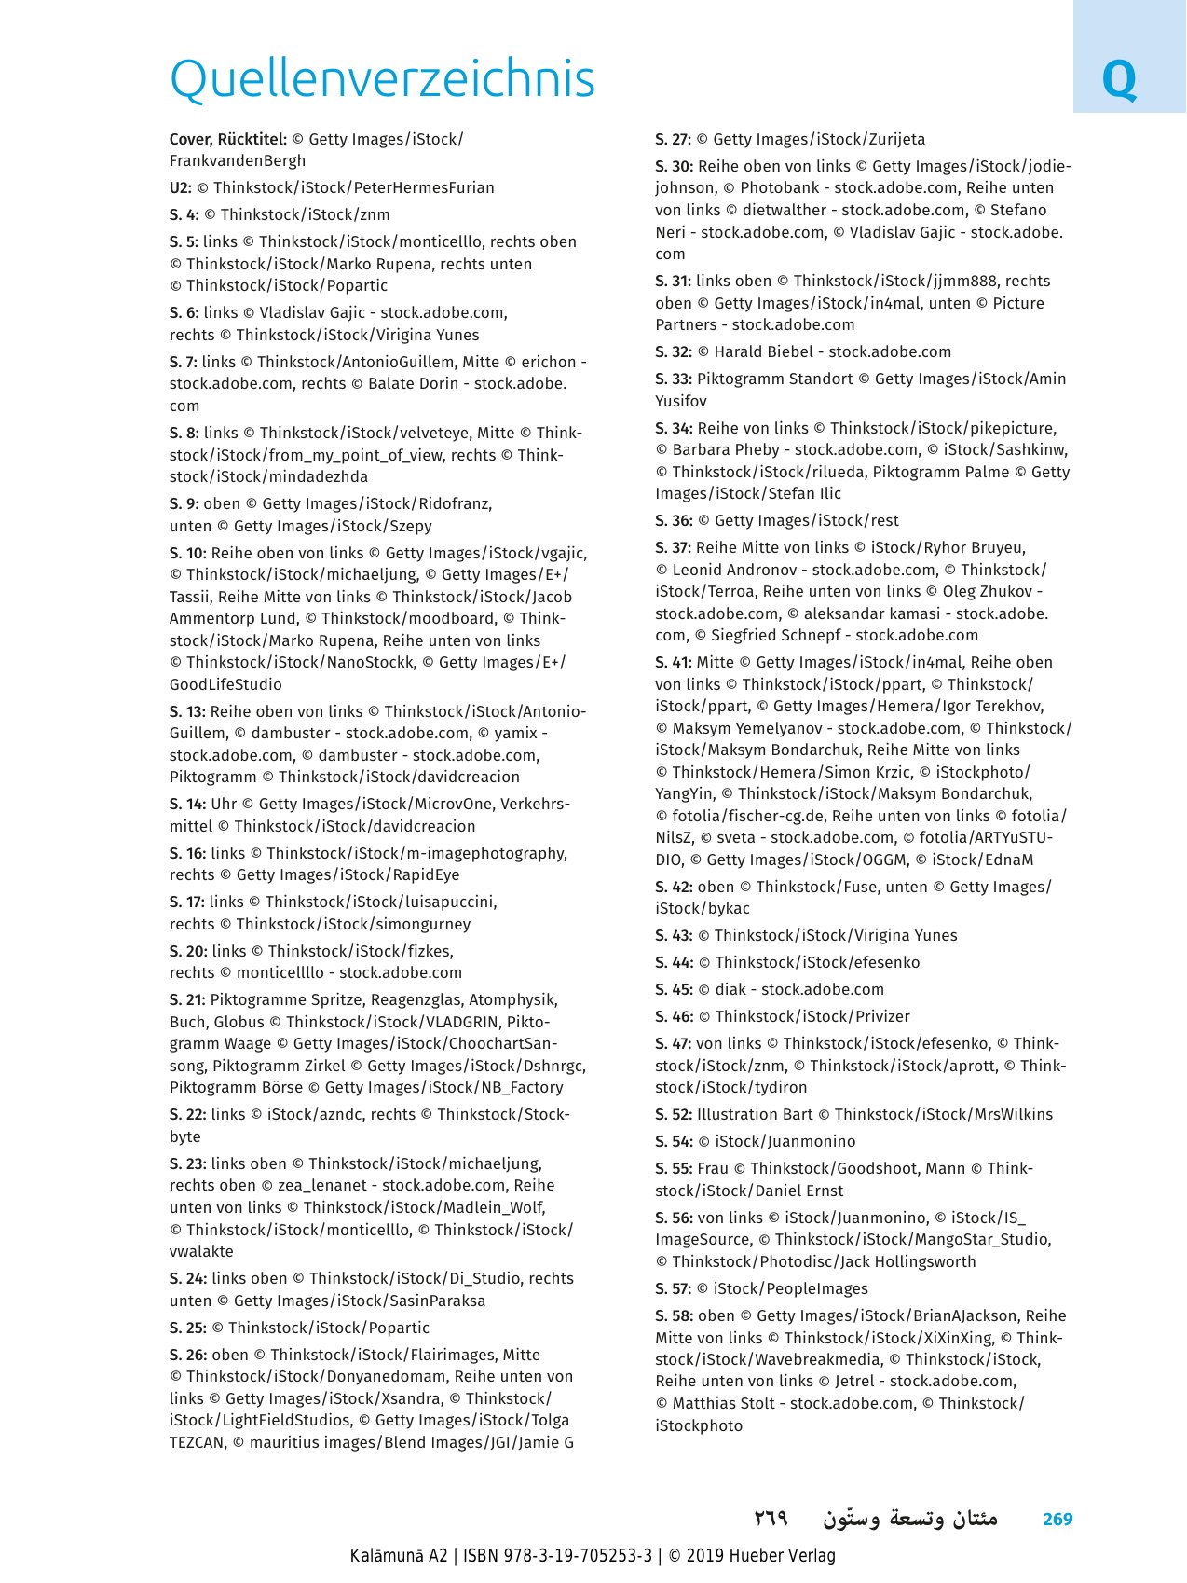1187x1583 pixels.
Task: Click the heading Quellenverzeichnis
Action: (x=382, y=79)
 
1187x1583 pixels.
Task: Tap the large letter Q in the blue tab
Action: (x=1119, y=81)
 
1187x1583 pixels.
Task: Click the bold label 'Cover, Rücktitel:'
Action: (x=227, y=140)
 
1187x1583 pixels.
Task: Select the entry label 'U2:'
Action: (x=181, y=188)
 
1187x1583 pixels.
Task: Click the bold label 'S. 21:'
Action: (x=187, y=1000)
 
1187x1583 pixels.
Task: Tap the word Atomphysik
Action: (x=513, y=1000)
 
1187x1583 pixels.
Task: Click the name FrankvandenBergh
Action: (x=238, y=161)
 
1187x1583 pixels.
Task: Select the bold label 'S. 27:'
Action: (x=673, y=140)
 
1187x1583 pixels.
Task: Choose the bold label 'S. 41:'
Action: (x=673, y=663)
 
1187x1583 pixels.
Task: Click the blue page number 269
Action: (x=1057, y=1520)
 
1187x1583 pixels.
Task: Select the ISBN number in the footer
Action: (x=578, y=1556)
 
